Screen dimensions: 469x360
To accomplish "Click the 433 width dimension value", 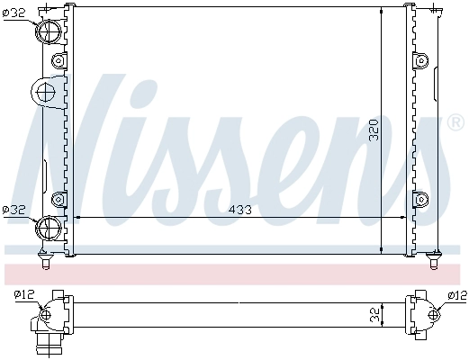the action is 240,210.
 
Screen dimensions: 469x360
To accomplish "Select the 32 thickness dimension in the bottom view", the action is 374,315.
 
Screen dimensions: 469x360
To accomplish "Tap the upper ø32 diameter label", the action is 14,13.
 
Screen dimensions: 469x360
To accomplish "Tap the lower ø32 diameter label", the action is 14,210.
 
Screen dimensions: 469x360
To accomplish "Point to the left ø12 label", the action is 24,294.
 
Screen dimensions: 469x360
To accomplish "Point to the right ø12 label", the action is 457,296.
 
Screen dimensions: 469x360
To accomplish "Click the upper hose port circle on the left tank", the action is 49,31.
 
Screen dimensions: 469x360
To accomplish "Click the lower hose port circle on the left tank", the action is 49,228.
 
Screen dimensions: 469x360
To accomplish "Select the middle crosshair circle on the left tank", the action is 45,92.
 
